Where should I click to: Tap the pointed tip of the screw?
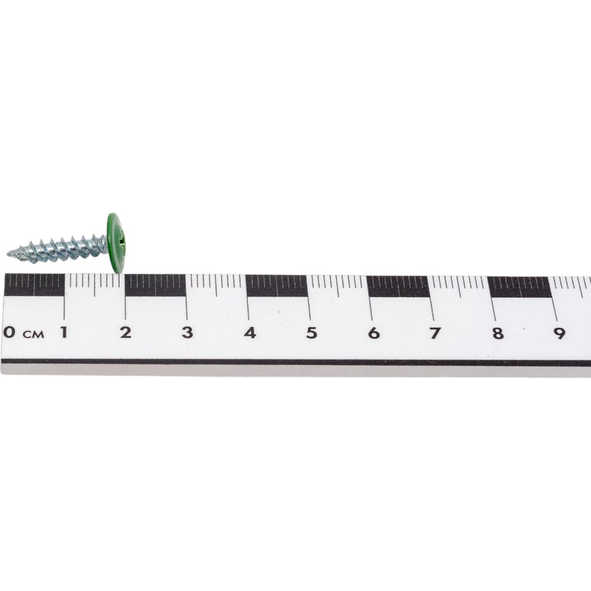(x=8, y=254)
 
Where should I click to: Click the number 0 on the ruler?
(x=9, y=332)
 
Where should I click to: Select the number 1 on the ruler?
(x=64, y=332)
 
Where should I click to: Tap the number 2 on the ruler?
(x=125, y=332)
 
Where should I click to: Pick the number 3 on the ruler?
(x=187, y=332)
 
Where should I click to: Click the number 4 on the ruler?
(x=249, y=333)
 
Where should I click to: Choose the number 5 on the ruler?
(x=311, y=333)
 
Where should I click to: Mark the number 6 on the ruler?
(x=374, y=333)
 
